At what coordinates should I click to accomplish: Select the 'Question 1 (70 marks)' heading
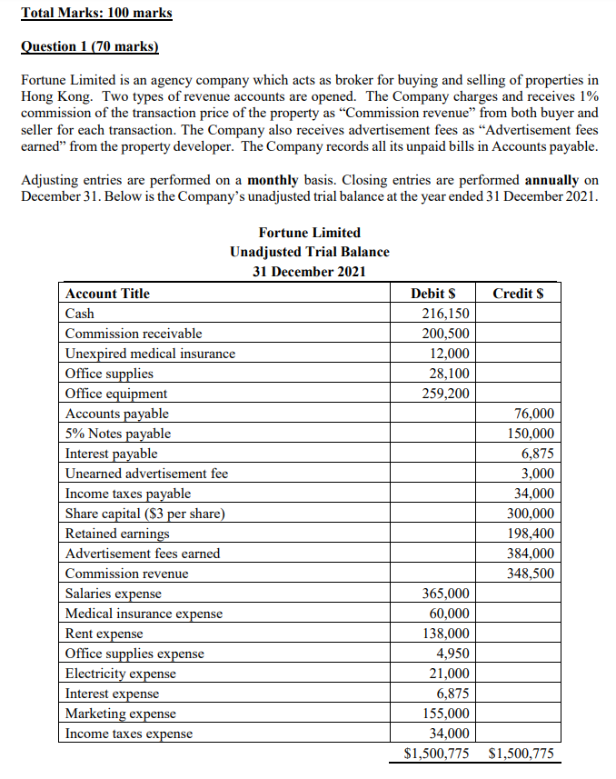point(89,46)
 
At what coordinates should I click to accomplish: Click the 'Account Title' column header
point(107,293)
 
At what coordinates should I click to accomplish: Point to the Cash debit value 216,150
point(447,313)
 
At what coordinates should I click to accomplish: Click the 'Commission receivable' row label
point(134,333)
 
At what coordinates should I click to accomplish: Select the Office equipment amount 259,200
point(447,394)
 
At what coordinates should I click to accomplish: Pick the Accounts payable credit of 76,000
point(534,414)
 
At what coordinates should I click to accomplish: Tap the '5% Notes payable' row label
point(117,434)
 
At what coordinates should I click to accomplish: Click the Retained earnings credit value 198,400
point(531,534)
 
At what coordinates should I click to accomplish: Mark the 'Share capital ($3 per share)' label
point(145,514)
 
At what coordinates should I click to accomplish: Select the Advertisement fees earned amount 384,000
point(531,554)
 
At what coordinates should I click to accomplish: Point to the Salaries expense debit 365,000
point(447,594)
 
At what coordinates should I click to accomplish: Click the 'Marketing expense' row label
point(121,714)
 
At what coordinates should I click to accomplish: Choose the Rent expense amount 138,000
point(447,634)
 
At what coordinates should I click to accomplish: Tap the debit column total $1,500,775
point(436,754)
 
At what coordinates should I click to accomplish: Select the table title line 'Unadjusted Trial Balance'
point(309,252)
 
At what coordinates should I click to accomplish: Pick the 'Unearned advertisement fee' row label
point(146,474)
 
